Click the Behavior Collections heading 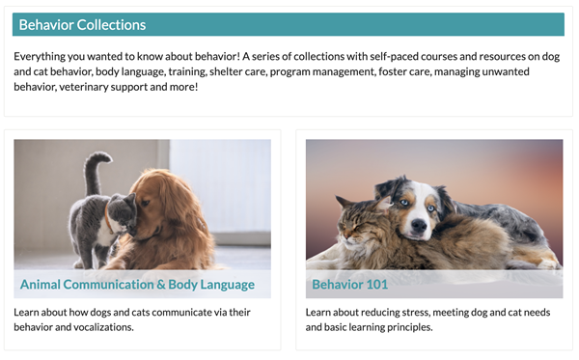click(82, 24)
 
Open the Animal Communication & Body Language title click(137, 285)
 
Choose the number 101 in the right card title click(378, 285)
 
